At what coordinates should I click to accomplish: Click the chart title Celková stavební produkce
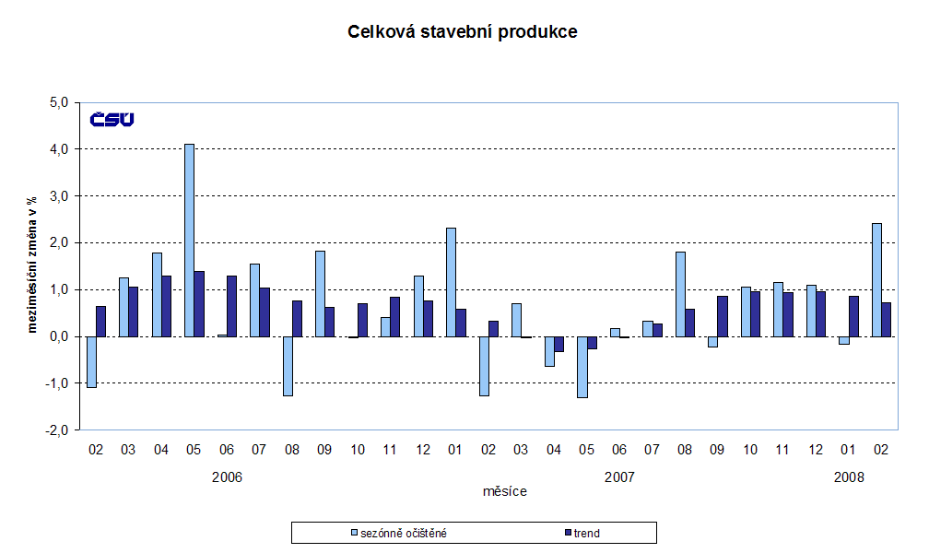click(462, 32)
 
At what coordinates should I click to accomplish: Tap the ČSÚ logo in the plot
click(112, 120)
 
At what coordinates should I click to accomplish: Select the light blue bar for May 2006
click(189, 240)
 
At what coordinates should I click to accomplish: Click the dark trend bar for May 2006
click(199, 304)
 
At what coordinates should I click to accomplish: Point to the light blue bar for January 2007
click(451, 282)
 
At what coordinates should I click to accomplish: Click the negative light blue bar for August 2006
click(288, 366)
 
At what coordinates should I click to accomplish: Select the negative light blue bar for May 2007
click(582, 367)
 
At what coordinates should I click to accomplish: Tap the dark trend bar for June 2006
click(231, 306)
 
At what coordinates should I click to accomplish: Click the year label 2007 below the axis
click(620, 477)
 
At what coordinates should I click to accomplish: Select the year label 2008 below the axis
click(850, 477)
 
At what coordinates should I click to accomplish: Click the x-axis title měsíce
click(505, 492)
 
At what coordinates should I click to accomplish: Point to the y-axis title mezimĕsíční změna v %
click(32, 267)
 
